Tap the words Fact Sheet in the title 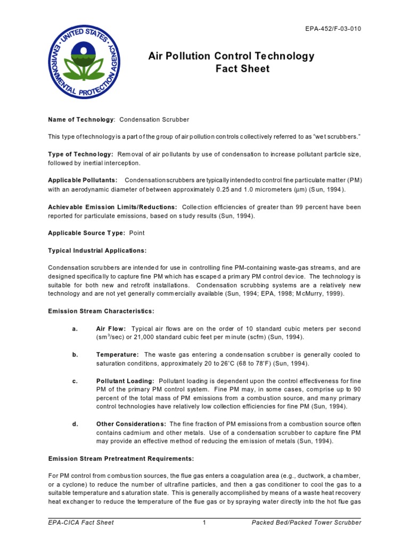(x=235, y=69)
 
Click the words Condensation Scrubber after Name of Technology (x=154, y=120)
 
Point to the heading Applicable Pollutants (x=83, y=180)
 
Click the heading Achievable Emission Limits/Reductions (x=112, y=207)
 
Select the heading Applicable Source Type (x=87, y=233)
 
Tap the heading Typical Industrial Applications (x=97, y=250)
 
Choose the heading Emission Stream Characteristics (x=101, y=311)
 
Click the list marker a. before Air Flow (x=75, y=328)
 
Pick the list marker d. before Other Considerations (x=75, y=424)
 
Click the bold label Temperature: (x=118, y=354)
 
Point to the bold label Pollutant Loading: (x=126, y=381)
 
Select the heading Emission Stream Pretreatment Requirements (x=121, y=459)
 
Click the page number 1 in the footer (x=204, y=523)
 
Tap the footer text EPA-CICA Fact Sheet (x=81, y=523)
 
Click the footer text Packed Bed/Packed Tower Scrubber (x=306, y=523)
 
